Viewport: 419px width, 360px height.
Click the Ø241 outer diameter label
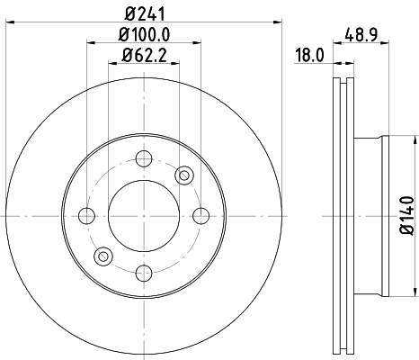(x=144, y=12)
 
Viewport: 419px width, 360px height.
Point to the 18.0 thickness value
(x=309, y=55)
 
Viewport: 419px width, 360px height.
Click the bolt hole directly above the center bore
(x=143, y=159)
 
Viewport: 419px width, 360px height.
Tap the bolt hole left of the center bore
(x=87, y=215)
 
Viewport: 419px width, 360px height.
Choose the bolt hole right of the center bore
(x=199, y=215)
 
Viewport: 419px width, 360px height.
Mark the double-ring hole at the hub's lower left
(x=103, y=256)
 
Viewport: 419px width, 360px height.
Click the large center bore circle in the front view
(x=143, y=215)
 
